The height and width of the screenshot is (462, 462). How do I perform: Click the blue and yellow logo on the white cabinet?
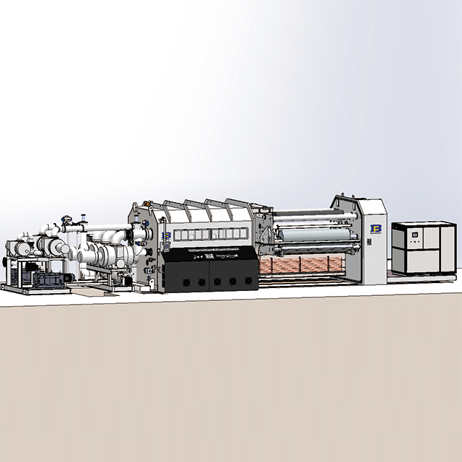[375, 229]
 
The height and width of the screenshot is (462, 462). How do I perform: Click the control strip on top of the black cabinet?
[209, 254]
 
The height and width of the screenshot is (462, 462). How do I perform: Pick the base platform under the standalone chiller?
[423, 274]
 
